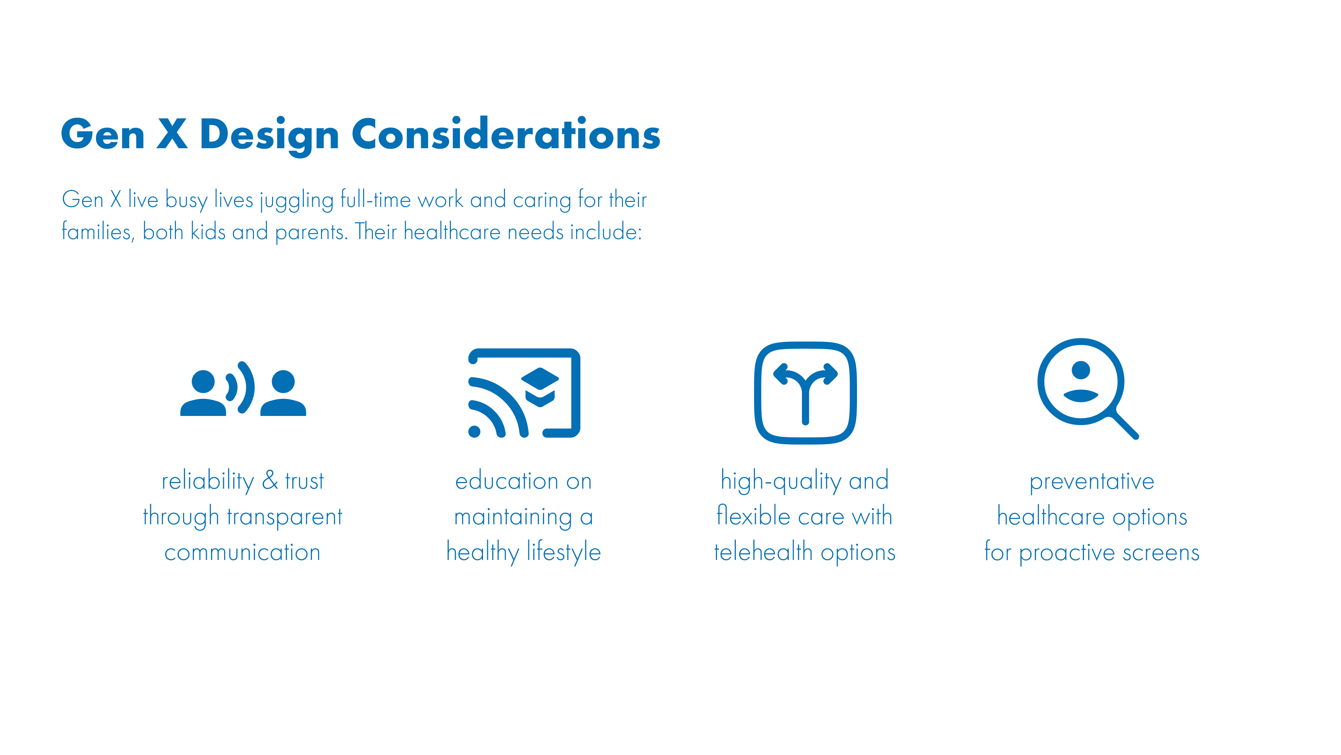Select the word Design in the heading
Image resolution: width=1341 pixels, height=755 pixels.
(269, 136)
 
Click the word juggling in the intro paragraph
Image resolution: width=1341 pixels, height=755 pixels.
(297, 201)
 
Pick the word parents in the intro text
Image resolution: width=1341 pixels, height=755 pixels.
(310, 233)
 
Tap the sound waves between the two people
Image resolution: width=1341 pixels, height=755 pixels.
(241, 388)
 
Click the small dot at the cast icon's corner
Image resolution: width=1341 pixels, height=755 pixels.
(474, 431)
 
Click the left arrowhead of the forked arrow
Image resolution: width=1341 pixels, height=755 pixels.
(781, 374)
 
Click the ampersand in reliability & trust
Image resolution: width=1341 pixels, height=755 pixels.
(270, 480)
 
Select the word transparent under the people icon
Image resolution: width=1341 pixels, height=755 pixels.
(285, 517)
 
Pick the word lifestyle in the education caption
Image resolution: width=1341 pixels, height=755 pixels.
(564, 552)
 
